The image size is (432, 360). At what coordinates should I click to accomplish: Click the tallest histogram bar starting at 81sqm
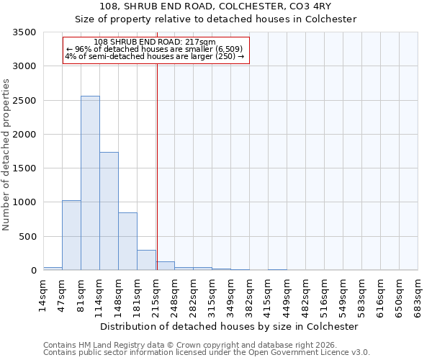click(x=90, y=183)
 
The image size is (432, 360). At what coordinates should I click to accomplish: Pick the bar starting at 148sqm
click(x=127, y=241)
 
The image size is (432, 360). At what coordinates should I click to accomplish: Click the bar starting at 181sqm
click(x=146, y=260)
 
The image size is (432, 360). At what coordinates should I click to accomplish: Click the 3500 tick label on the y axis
click(x=26, y=33)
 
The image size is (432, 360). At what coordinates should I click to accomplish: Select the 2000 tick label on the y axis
click(x=26, y=135)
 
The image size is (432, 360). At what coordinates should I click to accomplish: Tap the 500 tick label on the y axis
click(x=29, y=237)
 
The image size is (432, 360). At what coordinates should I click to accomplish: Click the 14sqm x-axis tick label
click(x=43, y=295)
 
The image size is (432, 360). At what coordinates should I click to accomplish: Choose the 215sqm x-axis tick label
click(x=156, y=295)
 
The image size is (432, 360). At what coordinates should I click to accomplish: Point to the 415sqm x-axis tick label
click(x=268, y=295)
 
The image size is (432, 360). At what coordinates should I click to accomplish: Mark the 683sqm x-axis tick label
click(x=418, y=295)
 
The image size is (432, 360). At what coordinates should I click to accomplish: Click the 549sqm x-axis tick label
click(x=343, y=295)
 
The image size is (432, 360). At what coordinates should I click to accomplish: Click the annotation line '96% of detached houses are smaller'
click(x=155, y=49)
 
